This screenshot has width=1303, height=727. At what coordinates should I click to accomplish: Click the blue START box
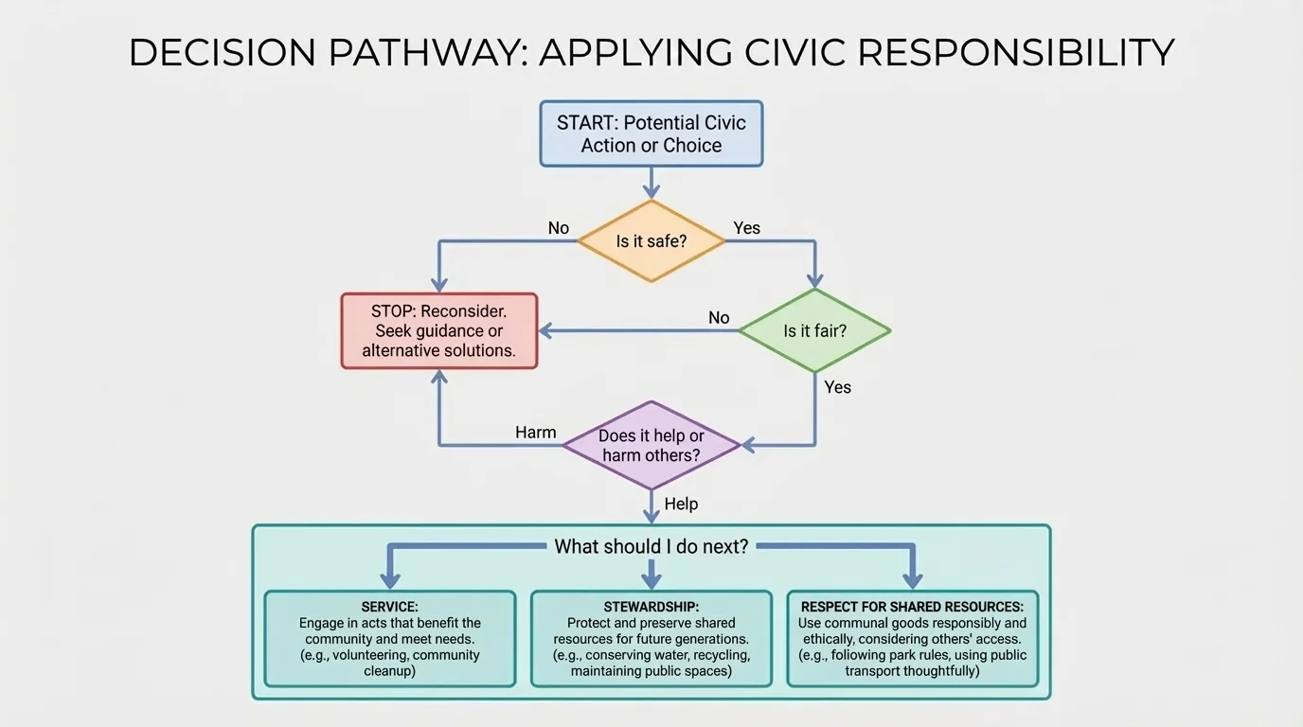[x=651, y=133]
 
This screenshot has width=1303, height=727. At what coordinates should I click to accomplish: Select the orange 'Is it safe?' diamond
[x=651, y=240]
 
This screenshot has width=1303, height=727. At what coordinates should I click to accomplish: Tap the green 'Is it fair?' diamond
[x=814, y=330]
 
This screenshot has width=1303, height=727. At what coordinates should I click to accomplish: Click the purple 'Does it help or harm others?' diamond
[x=651, y=445]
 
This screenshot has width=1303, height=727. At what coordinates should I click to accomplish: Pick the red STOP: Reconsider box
[x=438, y=330]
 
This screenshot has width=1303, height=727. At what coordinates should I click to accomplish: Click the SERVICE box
[x=389, y=638]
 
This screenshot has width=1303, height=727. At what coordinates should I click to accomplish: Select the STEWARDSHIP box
[x=651, y=638]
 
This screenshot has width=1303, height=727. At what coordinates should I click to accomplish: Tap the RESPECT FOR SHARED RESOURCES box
[x=912, y=638]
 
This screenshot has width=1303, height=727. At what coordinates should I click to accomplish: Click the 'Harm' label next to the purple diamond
[x=535, y=432]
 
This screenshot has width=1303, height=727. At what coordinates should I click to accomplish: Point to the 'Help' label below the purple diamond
[x=681, y=504]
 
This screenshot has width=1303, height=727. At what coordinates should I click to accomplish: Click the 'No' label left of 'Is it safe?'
[x=559, y=227]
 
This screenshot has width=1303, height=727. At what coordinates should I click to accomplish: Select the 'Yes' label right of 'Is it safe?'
[x=746, y=227]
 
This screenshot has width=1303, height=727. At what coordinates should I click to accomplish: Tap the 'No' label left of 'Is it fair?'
[x=719, y=317]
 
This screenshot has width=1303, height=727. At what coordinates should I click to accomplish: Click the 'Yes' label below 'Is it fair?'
[x=837, y=386]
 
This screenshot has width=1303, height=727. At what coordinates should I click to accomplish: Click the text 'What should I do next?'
[x=651, y=546]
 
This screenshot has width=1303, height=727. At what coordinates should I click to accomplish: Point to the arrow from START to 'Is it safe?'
[x=651, y=182]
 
